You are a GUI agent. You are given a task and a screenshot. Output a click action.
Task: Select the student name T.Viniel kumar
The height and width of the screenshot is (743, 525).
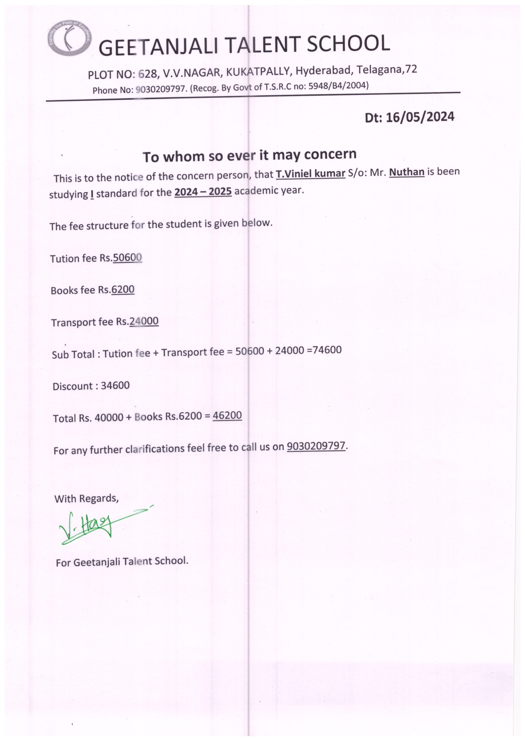pyautogui.click(x=310, y=174)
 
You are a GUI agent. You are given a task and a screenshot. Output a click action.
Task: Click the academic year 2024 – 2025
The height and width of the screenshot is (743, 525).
pyautogui.click(x=203, y=192)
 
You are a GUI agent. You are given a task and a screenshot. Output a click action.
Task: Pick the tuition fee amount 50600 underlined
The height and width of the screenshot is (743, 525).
pyautogui.click(x=127, y=257)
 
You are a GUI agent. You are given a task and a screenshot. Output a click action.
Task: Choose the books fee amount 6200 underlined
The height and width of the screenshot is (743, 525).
pyautogui.click(x=123, y=290)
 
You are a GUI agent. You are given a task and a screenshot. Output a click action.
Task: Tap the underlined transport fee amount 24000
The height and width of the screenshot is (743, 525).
pyautogui.click(x=144, y=321)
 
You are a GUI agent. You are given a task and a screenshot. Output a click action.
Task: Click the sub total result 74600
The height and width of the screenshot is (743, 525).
pyautogui.click(x=326, y=350)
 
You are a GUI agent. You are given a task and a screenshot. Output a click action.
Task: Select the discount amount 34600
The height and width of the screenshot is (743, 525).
pyautogui.click(x=115, y=386)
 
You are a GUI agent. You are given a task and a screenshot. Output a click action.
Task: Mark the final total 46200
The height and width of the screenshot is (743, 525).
pyautogui.click(x=227, y=415)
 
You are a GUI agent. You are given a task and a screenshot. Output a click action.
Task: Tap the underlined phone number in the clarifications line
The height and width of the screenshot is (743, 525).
pyautogui.click(x=316, y=446)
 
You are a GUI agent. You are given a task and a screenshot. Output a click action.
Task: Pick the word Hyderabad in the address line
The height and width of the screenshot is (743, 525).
pyautogui.click(x=323, y=70)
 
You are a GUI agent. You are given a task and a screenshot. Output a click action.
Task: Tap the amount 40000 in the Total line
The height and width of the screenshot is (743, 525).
pyautogui.click(x=109, y=418)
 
